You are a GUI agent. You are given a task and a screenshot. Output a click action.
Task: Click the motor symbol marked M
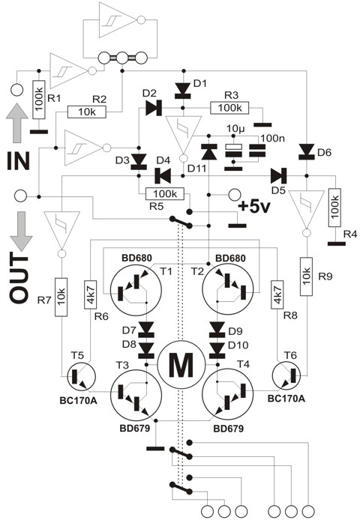click(x=181, y=364)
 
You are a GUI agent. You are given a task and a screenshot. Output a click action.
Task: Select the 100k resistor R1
click(x=39, y=100)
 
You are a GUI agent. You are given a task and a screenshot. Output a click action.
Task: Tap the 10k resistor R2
click(x=87, y=112)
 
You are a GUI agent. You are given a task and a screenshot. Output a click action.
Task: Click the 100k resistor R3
click(x=229, y=108)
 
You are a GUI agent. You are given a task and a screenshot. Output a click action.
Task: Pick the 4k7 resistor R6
click(x=91, y=294)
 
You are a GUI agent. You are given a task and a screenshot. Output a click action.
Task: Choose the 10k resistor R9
click(x=306, y=276)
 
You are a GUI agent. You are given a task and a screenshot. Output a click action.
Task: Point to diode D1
click(x=182, y=91)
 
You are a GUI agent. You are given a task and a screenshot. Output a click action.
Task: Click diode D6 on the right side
click(x=306, y=152)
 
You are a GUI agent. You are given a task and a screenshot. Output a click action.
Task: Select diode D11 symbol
click(x=209, y=152)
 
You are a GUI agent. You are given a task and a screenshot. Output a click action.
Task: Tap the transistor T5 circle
click(x=81, y=376)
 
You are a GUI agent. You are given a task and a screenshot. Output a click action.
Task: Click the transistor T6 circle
click(x=286, y=376)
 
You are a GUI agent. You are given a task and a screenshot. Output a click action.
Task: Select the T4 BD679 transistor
click(x=228, y=395)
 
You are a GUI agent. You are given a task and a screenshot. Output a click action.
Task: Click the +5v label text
click(x=254, y=207)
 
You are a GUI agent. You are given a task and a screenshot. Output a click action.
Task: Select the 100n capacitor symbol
click(x=258, y=150)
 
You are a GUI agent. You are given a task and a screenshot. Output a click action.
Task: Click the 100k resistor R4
click(x=334, y=208)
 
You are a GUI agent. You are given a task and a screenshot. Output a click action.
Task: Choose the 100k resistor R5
click(x=165, y=194)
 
